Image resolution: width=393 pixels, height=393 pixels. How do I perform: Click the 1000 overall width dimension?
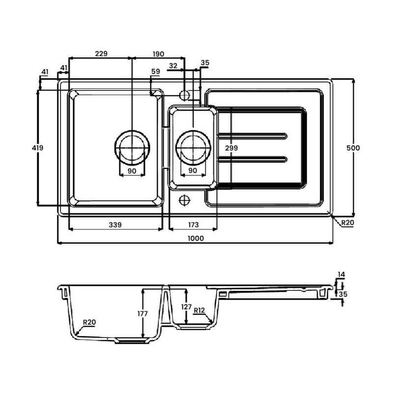click(196, 238)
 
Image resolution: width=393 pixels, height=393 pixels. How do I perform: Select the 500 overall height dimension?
click(353, 148)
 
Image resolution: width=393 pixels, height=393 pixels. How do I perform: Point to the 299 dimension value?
click(231, 148)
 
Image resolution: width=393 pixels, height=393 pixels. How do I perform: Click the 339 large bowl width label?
click(115, 225)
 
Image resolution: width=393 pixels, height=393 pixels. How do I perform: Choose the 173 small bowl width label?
click(193, 225)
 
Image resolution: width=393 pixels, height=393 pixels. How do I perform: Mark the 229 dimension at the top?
click(100, 54)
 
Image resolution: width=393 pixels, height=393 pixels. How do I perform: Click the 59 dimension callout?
click(156, 72)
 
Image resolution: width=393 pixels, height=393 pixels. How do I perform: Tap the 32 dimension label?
click(173, 65)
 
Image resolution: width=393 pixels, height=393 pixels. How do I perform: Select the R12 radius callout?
click(199, 310)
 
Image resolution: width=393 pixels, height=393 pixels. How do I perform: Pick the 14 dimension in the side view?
click(342, 274)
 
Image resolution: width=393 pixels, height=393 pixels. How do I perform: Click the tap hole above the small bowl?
click(185, 94)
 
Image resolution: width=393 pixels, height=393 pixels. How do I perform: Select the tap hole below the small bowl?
click(185, 200)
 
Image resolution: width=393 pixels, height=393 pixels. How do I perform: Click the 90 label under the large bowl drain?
click(132, 170)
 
